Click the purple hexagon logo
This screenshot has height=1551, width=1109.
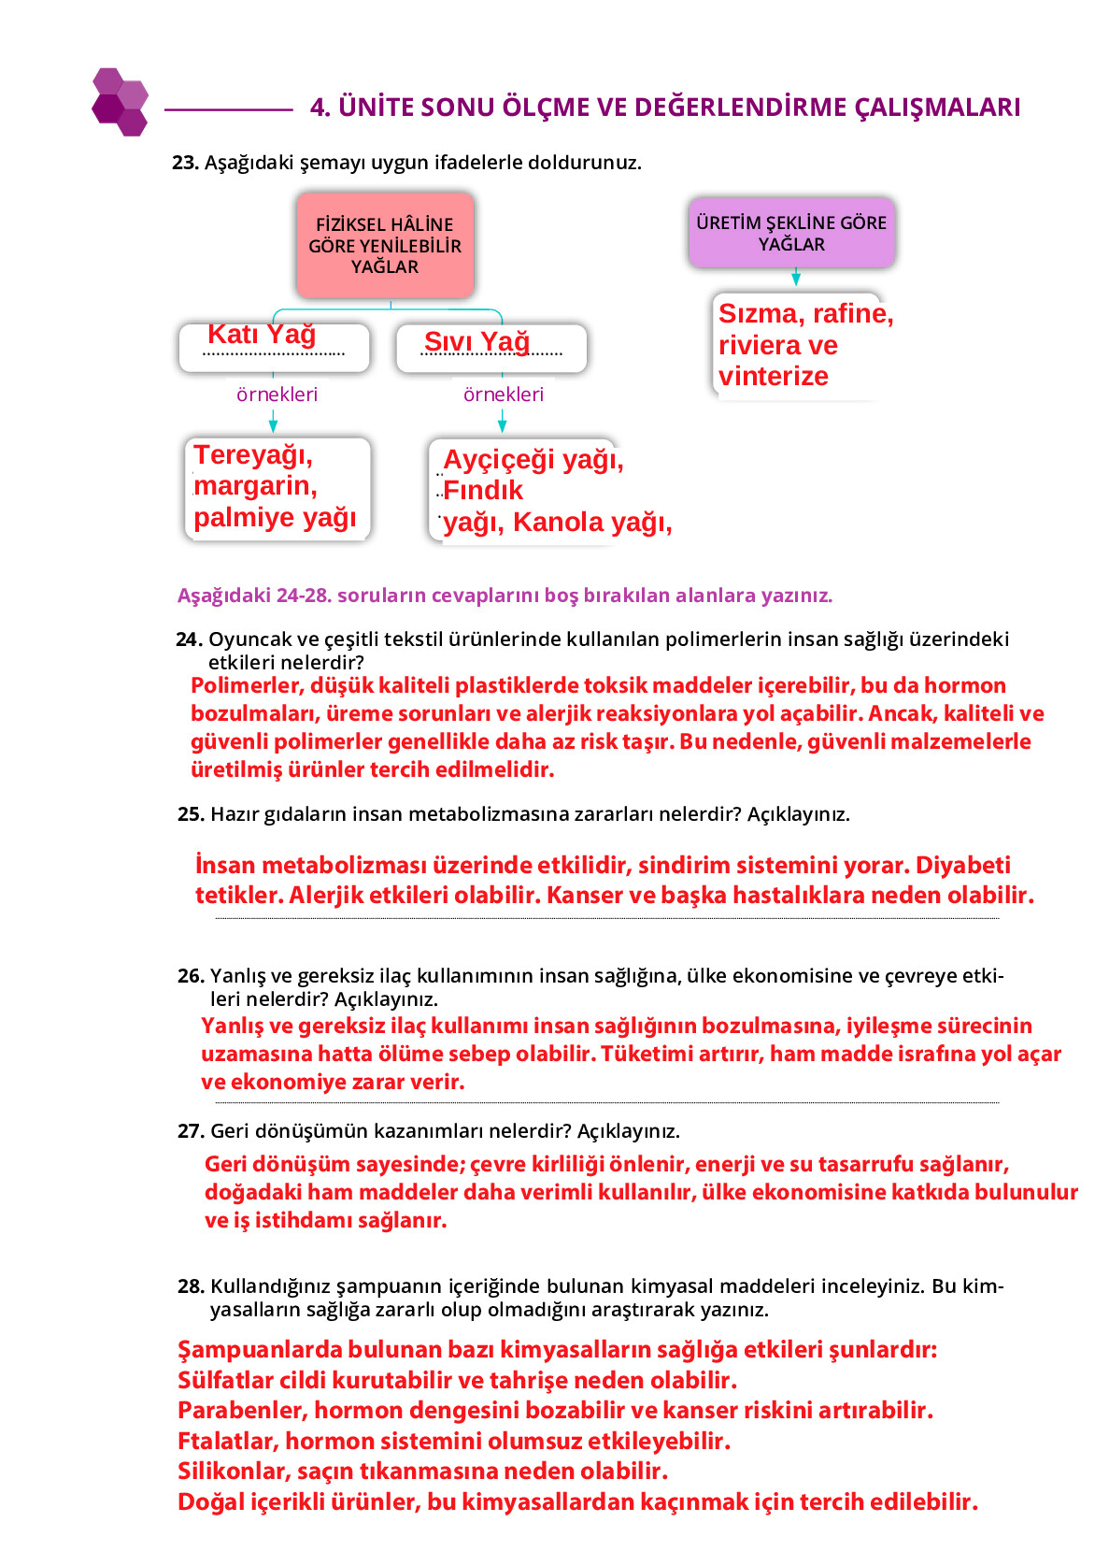pos(120,102)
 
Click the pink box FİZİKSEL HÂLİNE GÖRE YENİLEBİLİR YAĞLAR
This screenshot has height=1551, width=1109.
pos(385,246)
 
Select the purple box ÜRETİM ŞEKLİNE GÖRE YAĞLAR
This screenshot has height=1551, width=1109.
pos(791,233)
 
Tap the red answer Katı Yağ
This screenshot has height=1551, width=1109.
pos(262,334)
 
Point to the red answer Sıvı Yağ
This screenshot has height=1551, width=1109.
pos(476,342)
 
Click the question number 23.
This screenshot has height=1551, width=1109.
pos(185,163)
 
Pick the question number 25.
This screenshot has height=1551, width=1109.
pos(191,814)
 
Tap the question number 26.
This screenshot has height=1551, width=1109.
pos(191,976)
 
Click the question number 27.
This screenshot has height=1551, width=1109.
pos(191,1131)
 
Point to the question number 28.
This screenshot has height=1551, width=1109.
pos(191,1286)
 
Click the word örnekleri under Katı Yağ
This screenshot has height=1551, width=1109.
pos(277,395)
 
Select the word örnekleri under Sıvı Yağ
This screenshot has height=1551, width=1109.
pos(504,395)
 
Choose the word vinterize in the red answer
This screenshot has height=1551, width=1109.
pos(774,377)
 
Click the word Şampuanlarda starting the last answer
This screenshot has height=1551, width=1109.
pos(258,1350)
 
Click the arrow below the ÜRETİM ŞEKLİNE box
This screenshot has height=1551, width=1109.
pos(796,278)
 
